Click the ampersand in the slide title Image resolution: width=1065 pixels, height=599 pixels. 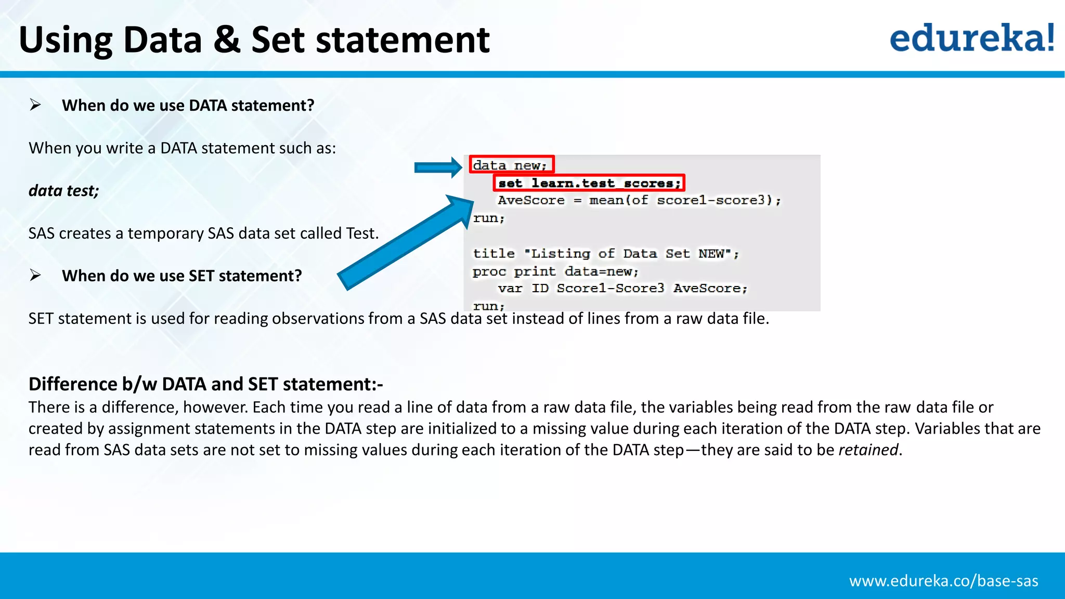click(x=227, y=40)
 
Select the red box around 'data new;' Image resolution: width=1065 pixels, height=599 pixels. click(x=511, y=165)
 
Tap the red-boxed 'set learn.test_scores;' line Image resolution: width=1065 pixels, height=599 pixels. click(x=589, y=183)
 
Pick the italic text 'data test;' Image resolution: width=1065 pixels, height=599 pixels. click(x=63, y=191)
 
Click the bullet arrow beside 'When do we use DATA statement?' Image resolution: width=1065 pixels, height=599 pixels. click(x=35, y=105)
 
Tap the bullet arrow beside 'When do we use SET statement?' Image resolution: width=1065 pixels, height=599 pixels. click(x=35, y=275)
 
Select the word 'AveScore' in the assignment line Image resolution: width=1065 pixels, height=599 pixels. click(x=531, y=200)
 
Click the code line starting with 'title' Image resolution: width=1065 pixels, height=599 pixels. click(x=605, y=254)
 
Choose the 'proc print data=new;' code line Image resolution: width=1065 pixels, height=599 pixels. click(x=555, y=271)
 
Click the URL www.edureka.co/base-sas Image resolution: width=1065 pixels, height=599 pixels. click(x=943, y=581)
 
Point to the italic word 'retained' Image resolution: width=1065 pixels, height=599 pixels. click(x=868, y=450)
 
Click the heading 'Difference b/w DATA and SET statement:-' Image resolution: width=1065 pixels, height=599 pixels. click(x=205, y=384)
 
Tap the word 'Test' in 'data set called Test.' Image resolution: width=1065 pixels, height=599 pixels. click(x=360, y=233)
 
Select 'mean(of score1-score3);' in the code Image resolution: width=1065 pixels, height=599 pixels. click(x=684, y=200)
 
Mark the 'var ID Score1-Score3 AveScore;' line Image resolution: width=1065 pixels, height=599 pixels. click(x=622, y=289)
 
